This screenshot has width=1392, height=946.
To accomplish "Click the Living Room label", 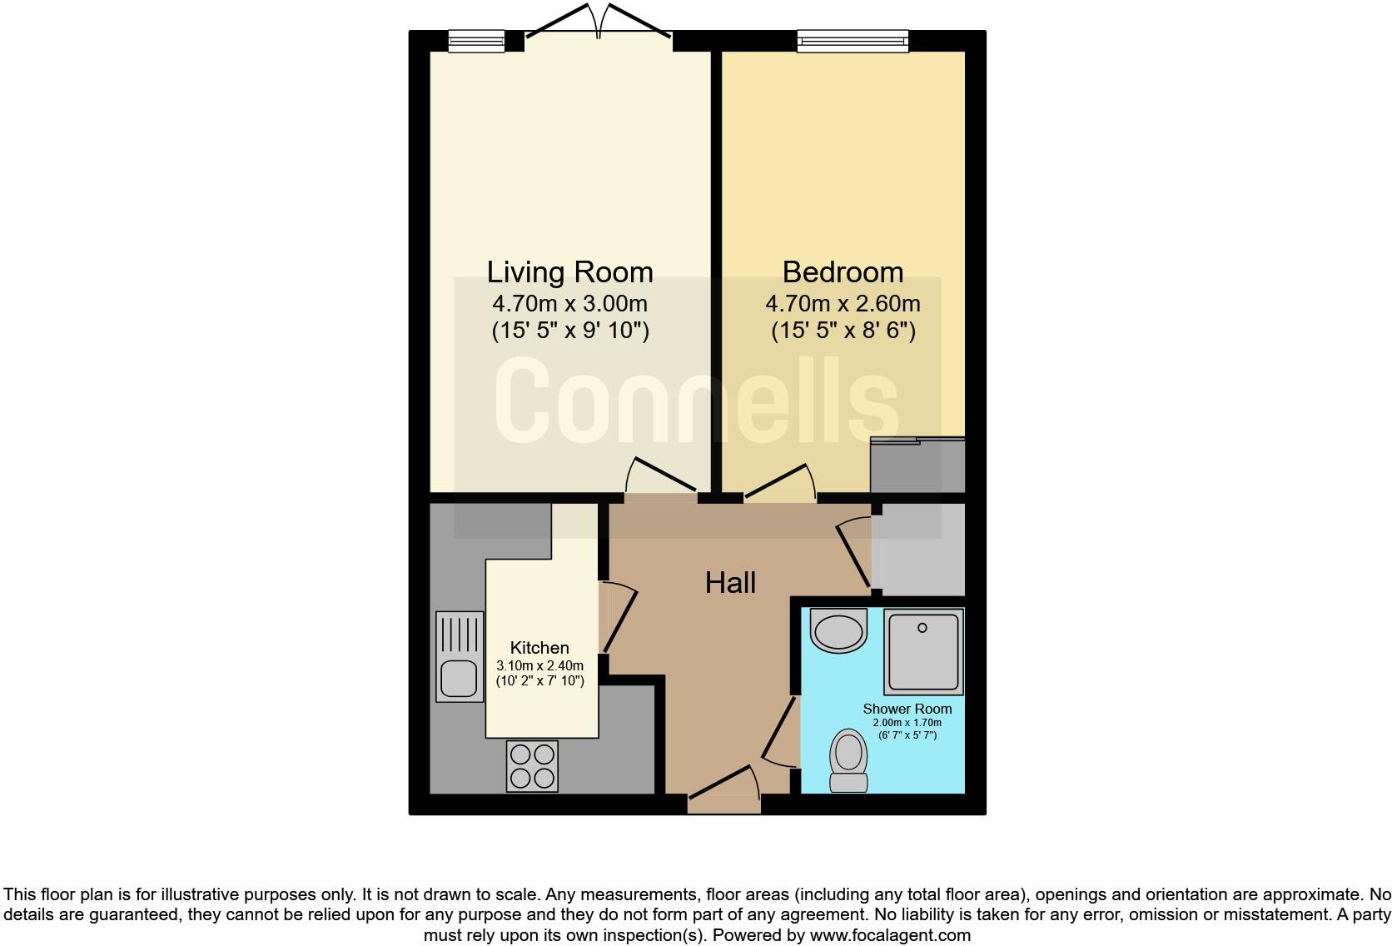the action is [569, 273].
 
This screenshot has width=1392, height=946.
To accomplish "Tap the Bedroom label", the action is [843, 272].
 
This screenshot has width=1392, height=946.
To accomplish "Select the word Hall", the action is [730, 583].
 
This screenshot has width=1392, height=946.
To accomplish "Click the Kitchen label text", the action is [539, 648].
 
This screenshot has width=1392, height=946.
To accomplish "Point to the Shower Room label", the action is [907, 709].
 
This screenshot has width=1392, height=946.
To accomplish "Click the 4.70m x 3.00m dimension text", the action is [569, 304].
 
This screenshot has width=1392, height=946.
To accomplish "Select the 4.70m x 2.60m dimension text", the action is [843, 304].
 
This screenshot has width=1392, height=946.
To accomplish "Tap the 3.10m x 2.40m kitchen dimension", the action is [539, 665].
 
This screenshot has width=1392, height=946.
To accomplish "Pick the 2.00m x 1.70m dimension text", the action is [907, 723].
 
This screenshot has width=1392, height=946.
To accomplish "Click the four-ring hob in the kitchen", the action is [532, 766].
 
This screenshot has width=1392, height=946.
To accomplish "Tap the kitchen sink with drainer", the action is [460, 656].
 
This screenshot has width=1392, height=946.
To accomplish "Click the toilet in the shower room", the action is [849, 761].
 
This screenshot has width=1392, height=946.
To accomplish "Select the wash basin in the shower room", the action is [838, 630].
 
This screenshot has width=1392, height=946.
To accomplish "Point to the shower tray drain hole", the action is [922, 628].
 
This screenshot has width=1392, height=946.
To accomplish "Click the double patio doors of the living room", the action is [599, 22].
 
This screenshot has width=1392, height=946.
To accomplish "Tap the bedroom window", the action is [853, 41].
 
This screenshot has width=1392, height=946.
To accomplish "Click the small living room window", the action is [477, 41].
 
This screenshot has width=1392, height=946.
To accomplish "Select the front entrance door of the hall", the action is [724, 790].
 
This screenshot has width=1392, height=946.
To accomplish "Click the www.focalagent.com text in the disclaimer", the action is [890, 935].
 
